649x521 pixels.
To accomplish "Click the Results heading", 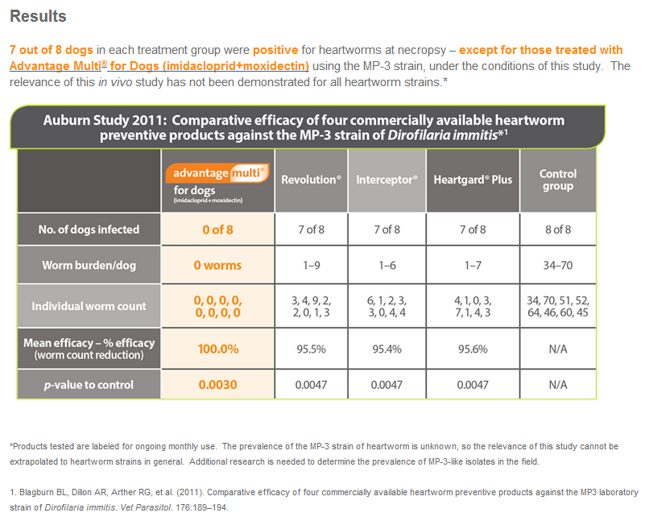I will point(39,17).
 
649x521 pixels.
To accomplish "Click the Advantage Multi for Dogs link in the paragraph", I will point(159,66).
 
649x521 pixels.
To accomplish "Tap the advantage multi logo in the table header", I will point(217,173).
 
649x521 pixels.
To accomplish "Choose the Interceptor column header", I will point(387,180).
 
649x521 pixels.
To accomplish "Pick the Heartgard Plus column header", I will point(472,180).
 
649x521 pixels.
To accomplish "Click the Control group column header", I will point(557,180).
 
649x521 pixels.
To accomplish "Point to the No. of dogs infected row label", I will point(89,229).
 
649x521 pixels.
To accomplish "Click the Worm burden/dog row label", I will point(89,264).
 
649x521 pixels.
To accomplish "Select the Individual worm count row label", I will point(89,307).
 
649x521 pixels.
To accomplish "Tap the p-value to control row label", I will point(89,385).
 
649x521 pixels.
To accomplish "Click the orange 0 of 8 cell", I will point(217,229).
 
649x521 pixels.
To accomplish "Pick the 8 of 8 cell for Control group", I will point(557,229).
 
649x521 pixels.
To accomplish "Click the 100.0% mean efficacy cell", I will point(217,349).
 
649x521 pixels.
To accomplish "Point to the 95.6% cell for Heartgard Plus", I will point(472,349).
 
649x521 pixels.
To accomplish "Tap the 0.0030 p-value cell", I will point(217,385).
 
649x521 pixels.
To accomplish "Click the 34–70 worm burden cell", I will point(557,264).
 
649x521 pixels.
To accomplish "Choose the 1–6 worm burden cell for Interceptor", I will point(387,264).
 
